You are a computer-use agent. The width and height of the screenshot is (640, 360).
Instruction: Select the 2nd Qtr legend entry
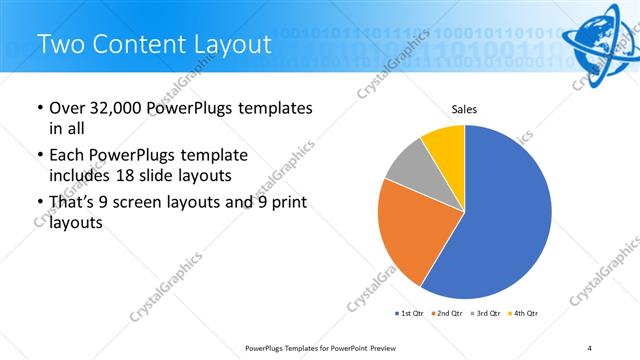tap(447, 314)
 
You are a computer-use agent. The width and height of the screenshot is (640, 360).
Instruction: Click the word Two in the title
tap(59, 45)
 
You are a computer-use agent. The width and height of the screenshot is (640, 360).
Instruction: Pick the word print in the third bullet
tap(288, 203)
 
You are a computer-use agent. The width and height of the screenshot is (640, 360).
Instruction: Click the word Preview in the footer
tap(384, 348)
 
